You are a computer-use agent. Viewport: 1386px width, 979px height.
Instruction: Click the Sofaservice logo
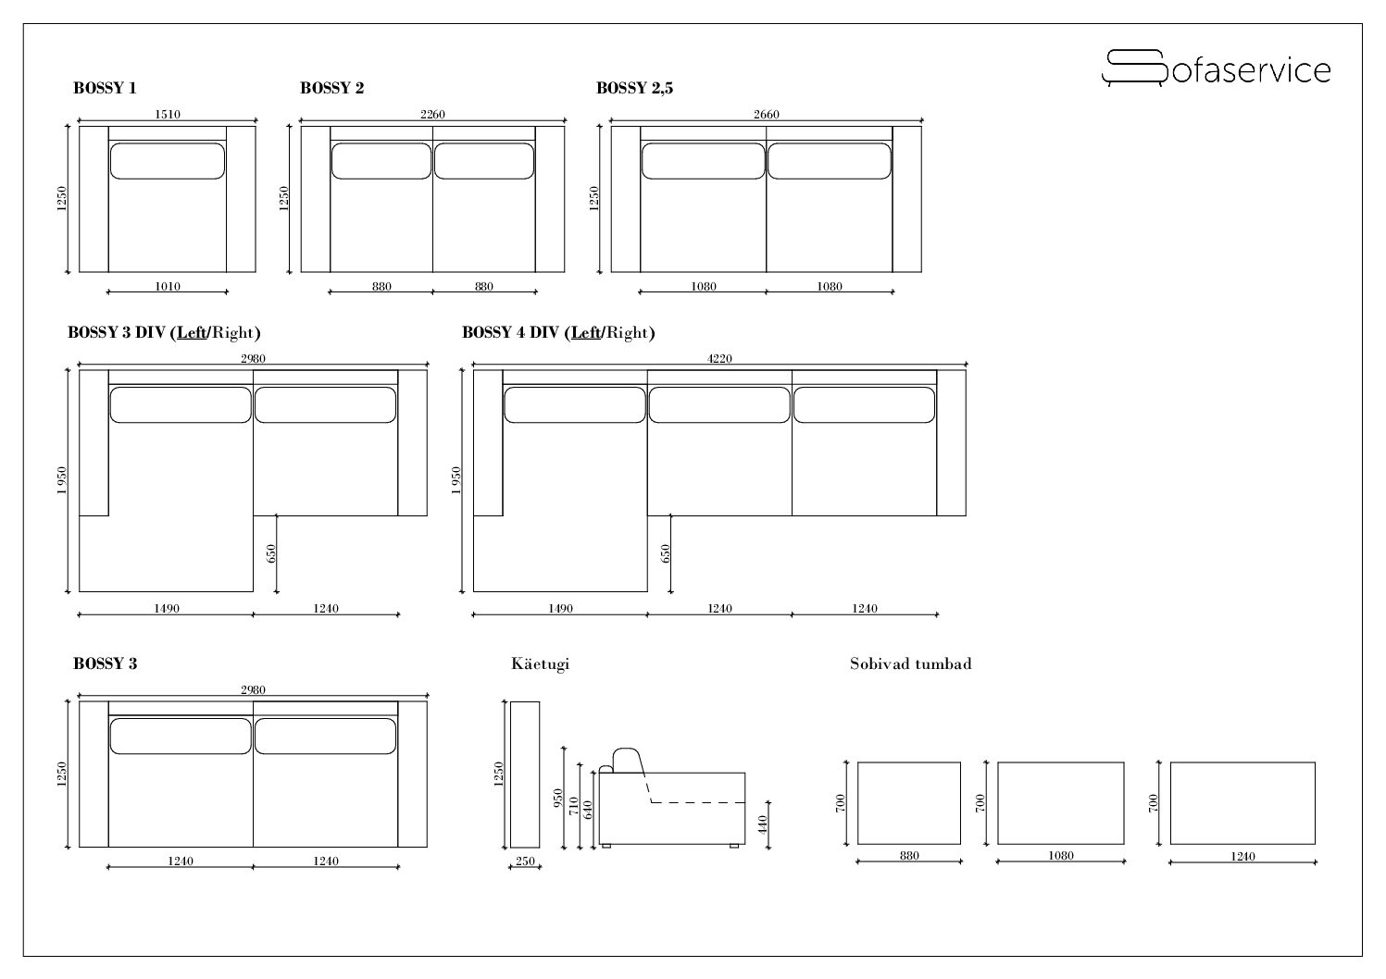pos(1216,68)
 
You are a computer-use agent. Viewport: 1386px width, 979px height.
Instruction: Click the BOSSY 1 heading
pos(105,89)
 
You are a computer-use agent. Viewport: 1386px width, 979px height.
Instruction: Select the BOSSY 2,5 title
pos(634,89)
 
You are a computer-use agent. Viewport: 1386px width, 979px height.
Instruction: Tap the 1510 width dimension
pos(167,115)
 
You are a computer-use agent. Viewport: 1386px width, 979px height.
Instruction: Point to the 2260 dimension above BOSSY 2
pos(432,115)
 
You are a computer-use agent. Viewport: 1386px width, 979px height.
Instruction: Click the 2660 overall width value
pos(766,115)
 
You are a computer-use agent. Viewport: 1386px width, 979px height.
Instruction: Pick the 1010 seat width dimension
pos(167,286)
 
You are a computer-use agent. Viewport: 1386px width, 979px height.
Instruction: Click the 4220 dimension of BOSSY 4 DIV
pos(719,359)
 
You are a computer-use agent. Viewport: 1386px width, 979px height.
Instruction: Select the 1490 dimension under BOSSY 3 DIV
pos(167,609)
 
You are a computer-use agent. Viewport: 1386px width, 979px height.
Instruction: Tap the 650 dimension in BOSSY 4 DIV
pos(665,553)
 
